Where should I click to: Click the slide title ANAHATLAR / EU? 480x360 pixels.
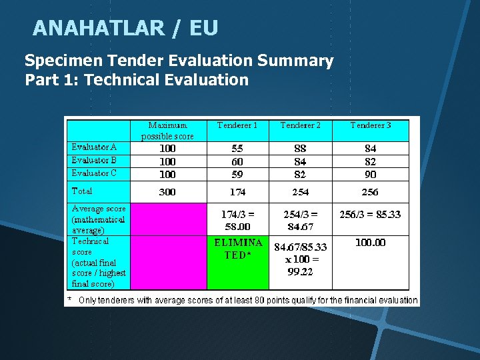click(x=125, y=28)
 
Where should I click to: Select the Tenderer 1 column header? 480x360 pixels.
click(x=237, y=125)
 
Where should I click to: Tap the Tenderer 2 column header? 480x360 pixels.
click(x=300, y=125)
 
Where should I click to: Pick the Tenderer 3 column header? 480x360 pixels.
click(x=371, y=125)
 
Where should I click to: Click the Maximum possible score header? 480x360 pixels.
click(x=167, y=131)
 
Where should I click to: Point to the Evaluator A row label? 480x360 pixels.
click(x=95, y=147)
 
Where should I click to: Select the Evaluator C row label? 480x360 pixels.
click(x=95, y=173)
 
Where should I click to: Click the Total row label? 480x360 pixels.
click(x=82, y=191)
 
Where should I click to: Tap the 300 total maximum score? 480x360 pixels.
click(x=167, y=192)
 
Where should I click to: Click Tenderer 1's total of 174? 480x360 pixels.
click(x=237, y=192)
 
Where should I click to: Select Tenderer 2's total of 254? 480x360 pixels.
click(x=300, y=192)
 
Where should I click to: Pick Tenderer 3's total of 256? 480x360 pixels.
click(x=370, y=192)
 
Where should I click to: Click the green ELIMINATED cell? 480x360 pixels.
click(x=238, y=249)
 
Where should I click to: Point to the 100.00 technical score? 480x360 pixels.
click(x=370, y=243)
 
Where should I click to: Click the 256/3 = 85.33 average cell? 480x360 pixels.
click(x=370, y=215)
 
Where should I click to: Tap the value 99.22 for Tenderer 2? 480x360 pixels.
click(x=300, y=272)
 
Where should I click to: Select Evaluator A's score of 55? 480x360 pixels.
click(x=237, y=149)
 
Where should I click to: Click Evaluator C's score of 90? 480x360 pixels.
click(x=370, y=175)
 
